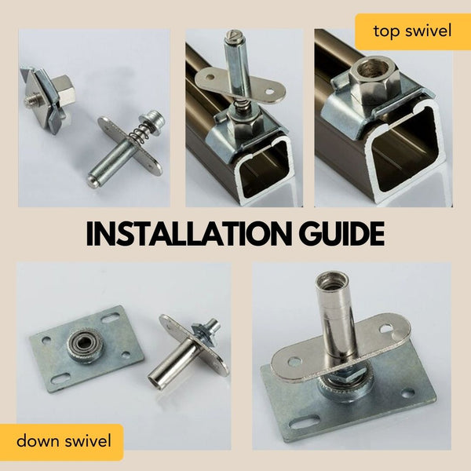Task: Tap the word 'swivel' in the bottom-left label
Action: click(88, 440)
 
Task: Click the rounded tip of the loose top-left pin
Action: click(93, 180)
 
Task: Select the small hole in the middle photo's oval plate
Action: click(272, 90)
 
